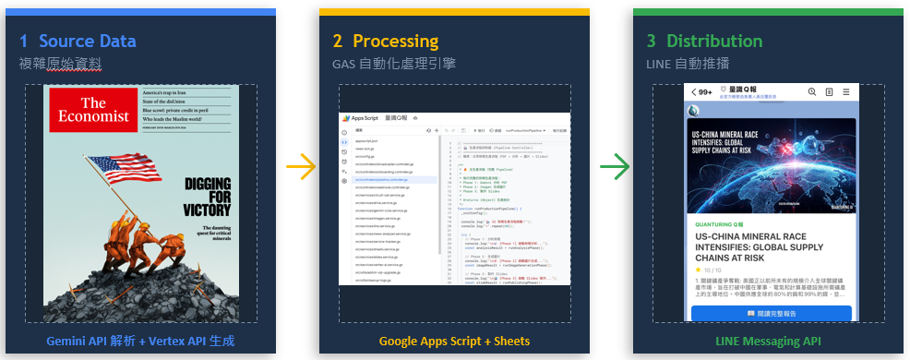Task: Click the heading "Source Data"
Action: pyautogui.click(x=87, y=42)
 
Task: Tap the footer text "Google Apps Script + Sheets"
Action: pyautogui.click(x=454, y=342)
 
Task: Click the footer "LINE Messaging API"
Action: pyautogui.click(x=768, y=342)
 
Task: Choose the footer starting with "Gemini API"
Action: pyautogui.click(x=140, y=342)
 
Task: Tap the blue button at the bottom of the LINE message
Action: pyautogui.click(x=772, y=314)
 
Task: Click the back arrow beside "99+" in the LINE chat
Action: pyautogui.click(x=695, y=92)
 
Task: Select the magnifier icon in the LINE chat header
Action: pyautogui.click(x=812, y=92)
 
